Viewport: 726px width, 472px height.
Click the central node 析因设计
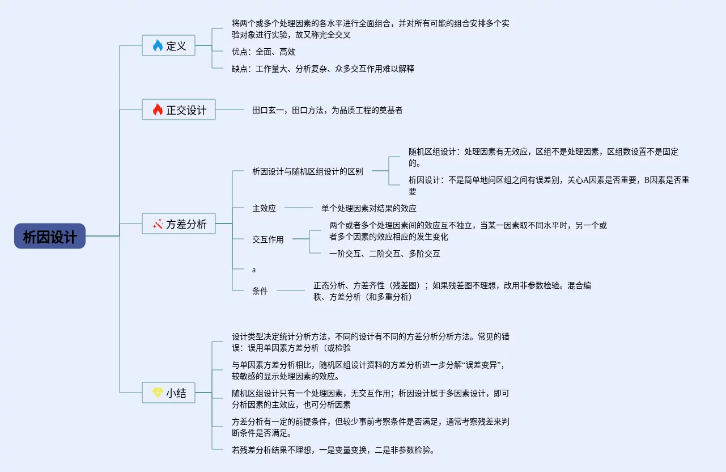pyautogui.click(x=50, y=236)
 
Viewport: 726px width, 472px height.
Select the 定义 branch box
pyautogui.click(x=168, y=45)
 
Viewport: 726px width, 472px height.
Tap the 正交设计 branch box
pyautogui.click(x=179, y=109)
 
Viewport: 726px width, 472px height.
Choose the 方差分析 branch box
pyautogui.click(x=179, y=224)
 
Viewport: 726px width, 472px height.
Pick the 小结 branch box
pyautogui.click(x=168, y=393)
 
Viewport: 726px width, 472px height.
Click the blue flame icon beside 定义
pyautogui.click(x=158, y=45)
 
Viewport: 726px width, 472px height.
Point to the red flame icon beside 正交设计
pyautogui.click(x=158, y=109)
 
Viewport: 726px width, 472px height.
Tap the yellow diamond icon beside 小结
pyautogui.click(x=158, y=393)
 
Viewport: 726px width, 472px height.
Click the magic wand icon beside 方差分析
pyautogui.click(x=158, y=224)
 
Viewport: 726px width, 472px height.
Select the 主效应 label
pyautogui.click(x=264, y=208)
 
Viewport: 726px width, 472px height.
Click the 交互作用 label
pyautogui.click(x=268, y=239)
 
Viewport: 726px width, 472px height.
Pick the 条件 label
pyautogui.click(x=260, y=291)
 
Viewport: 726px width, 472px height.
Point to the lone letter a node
pyautogui.click(x=254, y=270)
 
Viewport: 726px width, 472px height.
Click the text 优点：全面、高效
pyautogui.click(x=264, y=52)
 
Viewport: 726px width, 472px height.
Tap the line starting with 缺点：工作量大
pyautogui.click(x=323, y=69)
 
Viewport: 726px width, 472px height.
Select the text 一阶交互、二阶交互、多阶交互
pyautogui.click(x=385, y=254)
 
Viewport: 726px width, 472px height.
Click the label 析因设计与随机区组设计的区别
pyautogui.click(x=308, y=171)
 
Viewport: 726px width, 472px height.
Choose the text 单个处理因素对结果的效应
pyautogui.click(x=369, y=208)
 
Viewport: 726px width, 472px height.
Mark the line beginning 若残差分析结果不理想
pyautogui.click(x=333, y=450)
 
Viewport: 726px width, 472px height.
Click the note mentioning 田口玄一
pyautogui.click(x=328, y=110)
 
